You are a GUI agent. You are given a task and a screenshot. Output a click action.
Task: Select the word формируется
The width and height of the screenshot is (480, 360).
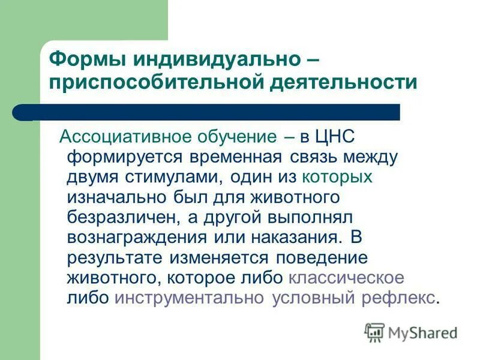click(128, 157)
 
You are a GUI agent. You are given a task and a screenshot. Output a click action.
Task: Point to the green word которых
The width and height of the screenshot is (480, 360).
click(337, 177)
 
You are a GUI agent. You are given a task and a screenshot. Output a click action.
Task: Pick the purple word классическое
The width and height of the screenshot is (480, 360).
click(346, 278)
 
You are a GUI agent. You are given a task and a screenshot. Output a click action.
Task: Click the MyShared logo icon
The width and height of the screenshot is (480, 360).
click(374, 331)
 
